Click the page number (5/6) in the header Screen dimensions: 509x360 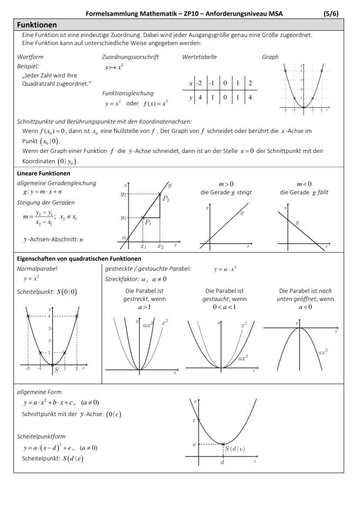point(331,13)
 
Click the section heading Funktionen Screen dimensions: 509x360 point(37,25)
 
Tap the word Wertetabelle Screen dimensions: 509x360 point(199,57)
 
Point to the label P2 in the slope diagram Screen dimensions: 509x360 point(166,199)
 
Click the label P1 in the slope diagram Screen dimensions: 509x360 point(148,222)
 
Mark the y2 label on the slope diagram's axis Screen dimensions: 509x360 point(123,194)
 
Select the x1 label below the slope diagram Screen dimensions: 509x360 point(143,246)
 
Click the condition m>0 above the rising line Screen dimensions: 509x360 point(226,184)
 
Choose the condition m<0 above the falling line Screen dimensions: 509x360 point(304,184)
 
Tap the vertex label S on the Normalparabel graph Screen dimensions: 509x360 point(57,370)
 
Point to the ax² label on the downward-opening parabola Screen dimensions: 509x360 point(323,352)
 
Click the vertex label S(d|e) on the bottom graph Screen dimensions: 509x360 point(234,449)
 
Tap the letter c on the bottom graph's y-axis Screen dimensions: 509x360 point(194,420)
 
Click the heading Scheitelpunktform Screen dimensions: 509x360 point(41,436)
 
